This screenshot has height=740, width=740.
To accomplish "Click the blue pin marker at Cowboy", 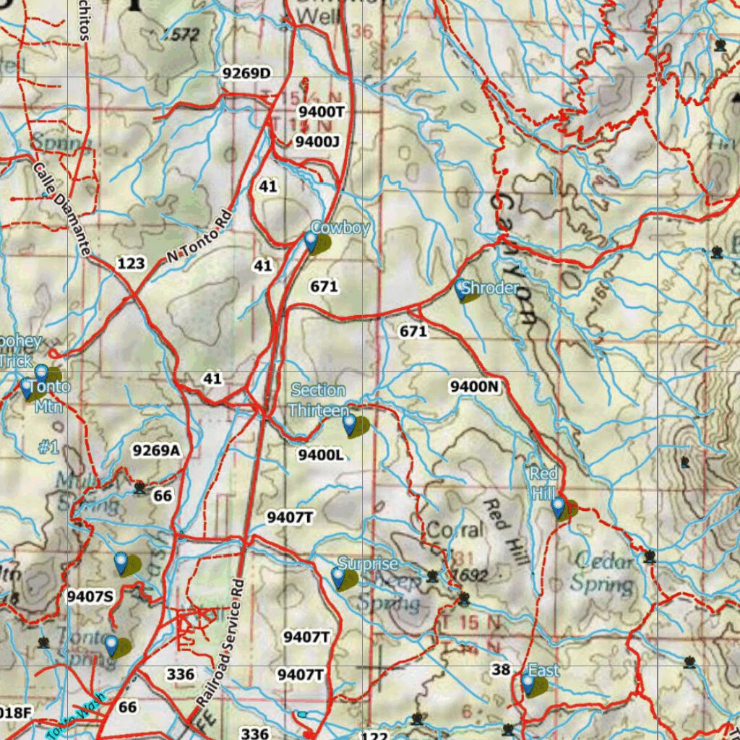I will click(311, 241).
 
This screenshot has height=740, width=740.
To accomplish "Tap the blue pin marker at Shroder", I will click(461, 290).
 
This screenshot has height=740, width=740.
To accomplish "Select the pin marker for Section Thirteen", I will click(350, 424).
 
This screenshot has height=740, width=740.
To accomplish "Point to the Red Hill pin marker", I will click(559, 507).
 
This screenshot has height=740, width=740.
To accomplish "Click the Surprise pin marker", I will click(338, 577).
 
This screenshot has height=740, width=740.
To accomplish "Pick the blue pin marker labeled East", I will click(528, 684).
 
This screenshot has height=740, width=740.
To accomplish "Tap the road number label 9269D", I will click(246, 73).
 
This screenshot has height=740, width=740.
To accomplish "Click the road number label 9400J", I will click(317, 141).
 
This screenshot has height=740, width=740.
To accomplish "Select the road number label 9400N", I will click(475, 387).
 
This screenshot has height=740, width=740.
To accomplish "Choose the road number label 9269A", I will click(155, 450).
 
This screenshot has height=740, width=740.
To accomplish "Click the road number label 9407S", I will click(90, 596).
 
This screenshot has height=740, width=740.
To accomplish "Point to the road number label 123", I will click(131, 263).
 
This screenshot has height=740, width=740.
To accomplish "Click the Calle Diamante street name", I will click(62, 209).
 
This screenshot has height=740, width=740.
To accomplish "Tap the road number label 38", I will click(501, 669).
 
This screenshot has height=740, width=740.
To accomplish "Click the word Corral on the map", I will click(455, 530).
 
